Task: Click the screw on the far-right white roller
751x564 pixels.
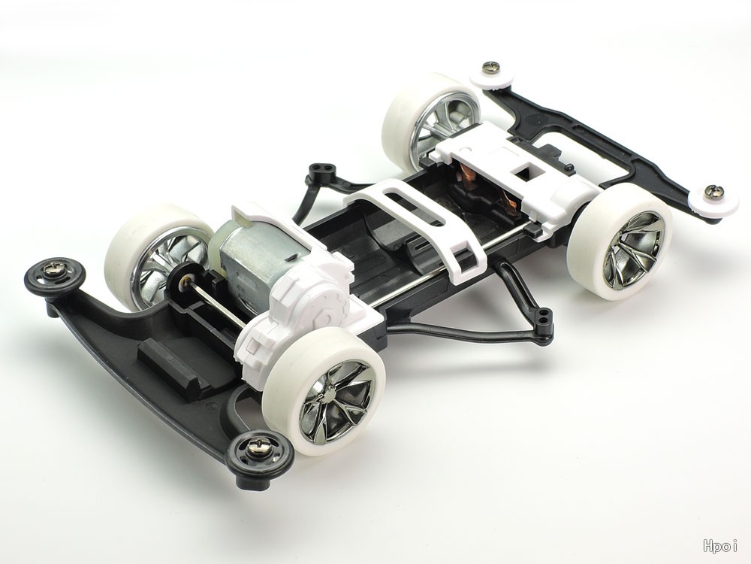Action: pyautogui.click(x=710, y=191)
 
